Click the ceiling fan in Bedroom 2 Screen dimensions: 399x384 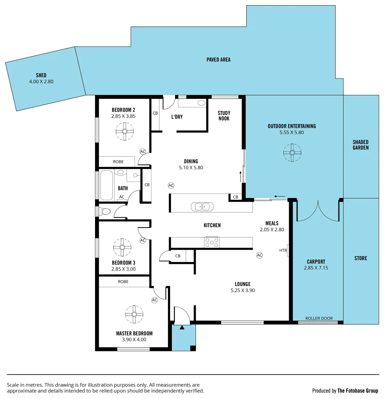pyautogui.click(x=125, y=131)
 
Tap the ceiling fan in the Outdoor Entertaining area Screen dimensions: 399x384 pyautogui.click(x=292, y=153)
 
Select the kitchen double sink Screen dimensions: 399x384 pyautogui.click(x=202, y=207)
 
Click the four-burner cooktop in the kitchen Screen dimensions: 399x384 pyautogui.click(x=212, y=242)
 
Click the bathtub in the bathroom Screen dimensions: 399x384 pyautogui.click(x=106, y=185)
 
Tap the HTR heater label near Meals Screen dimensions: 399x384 pyautogui.click(x=283, y=250)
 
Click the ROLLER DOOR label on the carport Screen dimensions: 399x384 pyautogui.click(x=319, y=318)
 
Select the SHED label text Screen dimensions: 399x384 pyautogui.click(x=41, y=75)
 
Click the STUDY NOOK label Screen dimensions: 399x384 pyautogui.click(x=224, y=116)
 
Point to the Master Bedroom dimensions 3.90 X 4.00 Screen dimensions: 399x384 pyautogui.click(x=134, y=340)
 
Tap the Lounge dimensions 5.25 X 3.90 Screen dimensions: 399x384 pyautogui.click(x=242, y=290)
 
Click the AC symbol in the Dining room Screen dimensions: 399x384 pyautogui.click(x=171, y=185)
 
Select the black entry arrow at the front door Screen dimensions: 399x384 pyautogui.click(x=182, y=327)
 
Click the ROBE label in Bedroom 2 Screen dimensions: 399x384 pyautogui.click(x=118, y=162)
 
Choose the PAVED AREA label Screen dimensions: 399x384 pyautogui.click(x=218, y=59)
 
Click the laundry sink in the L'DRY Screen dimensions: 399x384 pyautogui.click(x=201, y=103)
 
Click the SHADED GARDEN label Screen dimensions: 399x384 pyautogui.click(x=360, y=145)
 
